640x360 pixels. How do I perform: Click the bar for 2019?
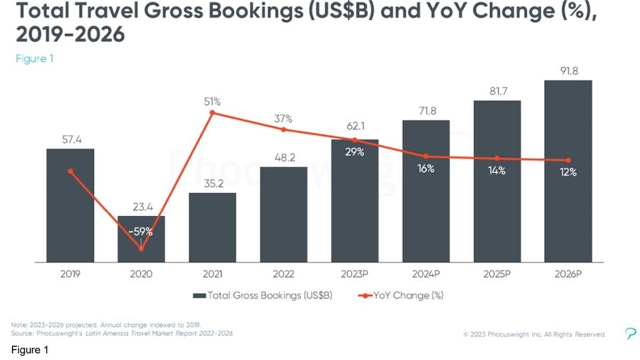(70, 205)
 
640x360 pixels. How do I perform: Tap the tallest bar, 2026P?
(568, 171)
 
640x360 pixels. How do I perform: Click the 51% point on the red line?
(212, 113)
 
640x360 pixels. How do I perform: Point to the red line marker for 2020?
(141, 249)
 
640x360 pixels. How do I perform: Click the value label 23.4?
(141, 207)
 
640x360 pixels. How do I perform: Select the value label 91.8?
(568, 70)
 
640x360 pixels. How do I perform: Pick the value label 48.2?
(283, 158)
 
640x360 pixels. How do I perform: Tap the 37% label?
(283, 118)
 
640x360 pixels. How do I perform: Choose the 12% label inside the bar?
(568, 172)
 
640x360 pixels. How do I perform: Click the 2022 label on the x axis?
(283, 274)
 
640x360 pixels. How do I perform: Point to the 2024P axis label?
(426, 274)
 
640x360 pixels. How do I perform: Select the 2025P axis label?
(497, 274)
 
